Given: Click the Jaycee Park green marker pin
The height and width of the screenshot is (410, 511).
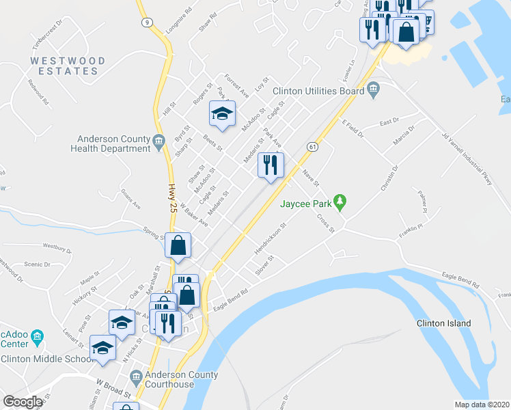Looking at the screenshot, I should pyautogui.click(x=344, y=203).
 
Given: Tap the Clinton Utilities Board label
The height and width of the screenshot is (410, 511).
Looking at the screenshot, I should pyautogui.click(x=318, y=90).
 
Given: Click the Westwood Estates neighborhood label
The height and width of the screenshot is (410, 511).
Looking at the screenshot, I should pyautogui.click(x=68, y=66).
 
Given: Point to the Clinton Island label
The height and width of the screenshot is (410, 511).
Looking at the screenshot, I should pyautogui.click(x=443, y=323).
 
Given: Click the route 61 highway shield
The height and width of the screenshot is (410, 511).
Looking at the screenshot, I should pyautogui.click(x=312, y=147).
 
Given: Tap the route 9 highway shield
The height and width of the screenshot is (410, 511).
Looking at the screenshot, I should pyautogui.click(x=147, y=23).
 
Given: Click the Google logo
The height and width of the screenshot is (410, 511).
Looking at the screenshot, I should pyautogui.click(x=23, y=402).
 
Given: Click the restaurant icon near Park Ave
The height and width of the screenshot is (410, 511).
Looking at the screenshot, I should pyautogui.click(x=271, y=165).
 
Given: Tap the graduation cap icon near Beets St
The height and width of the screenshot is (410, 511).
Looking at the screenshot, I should pyautogui.click(x=222, y=113).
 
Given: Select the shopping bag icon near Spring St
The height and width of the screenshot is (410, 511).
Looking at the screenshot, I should pyautogui.click(x=178, y=246).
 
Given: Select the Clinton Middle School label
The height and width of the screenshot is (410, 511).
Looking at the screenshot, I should pyautogui.click(x=46, y=359).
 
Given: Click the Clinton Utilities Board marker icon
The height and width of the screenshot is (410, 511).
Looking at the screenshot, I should pyautogui.click(x=373, y=90).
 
